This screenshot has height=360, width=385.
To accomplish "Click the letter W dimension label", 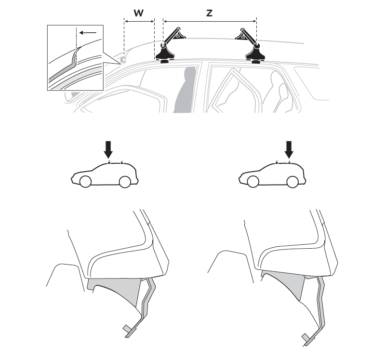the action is [138, 13].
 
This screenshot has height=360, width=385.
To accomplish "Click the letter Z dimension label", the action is [209, 13].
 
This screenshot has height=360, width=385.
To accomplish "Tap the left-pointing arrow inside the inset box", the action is [88, 32].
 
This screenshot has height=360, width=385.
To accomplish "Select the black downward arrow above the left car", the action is [108, 149].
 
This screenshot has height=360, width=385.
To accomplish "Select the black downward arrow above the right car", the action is [289, 149].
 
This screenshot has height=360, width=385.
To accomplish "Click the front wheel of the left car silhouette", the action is [85, 182].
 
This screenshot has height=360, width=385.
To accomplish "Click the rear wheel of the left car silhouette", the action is [125, 182].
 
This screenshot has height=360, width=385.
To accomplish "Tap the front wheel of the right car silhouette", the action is [253, 182].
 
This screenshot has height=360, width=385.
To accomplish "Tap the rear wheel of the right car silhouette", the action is [292, 182].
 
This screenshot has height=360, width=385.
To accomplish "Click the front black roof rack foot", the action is [165, 53].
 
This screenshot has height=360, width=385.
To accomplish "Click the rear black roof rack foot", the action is [255, 53].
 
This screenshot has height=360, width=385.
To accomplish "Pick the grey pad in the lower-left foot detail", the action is [115, 290].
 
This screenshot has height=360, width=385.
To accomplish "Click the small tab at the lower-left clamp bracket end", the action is [127, 328].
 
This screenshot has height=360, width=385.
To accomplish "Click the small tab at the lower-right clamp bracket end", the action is [305, 337].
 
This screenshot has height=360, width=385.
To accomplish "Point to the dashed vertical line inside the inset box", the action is [76, 46].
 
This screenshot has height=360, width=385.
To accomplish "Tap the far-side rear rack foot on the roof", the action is [242, 34].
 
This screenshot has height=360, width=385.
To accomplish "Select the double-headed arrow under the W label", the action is [139, 22].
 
